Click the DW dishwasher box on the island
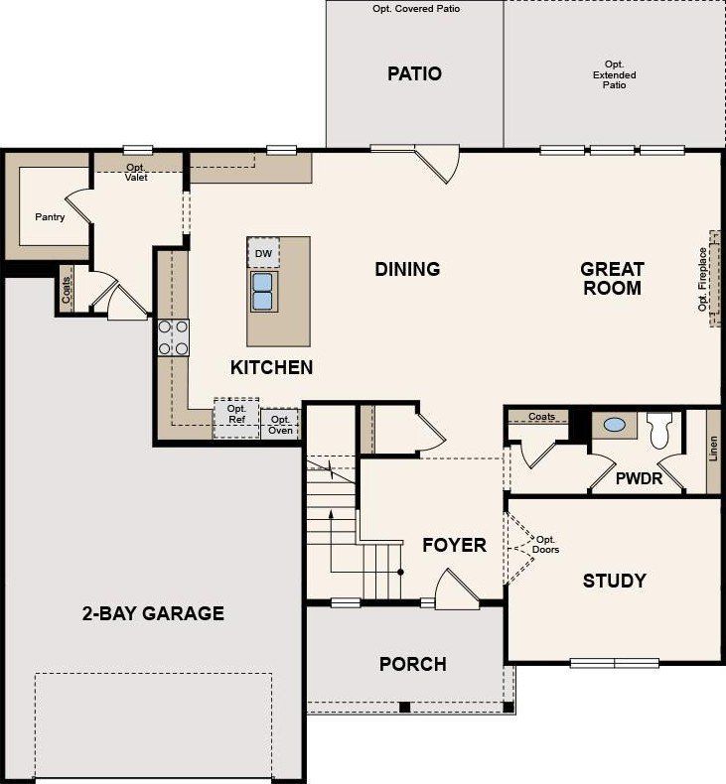(263, 254)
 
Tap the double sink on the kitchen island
(263, 292)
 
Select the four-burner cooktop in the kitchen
(174, 337)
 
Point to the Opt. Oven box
(280, 424)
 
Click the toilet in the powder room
(660, 432)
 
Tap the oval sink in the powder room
(615, 426)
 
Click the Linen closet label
(712, 450)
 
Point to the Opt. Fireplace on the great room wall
(706, 281)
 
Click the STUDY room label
(614, 581)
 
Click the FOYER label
(454, 545)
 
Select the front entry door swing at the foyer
(457, 589)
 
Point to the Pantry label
(50, 216)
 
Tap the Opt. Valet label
(136, 172)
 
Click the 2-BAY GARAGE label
(153, 613)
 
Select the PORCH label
(412, 664)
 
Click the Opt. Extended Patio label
(615, 75)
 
